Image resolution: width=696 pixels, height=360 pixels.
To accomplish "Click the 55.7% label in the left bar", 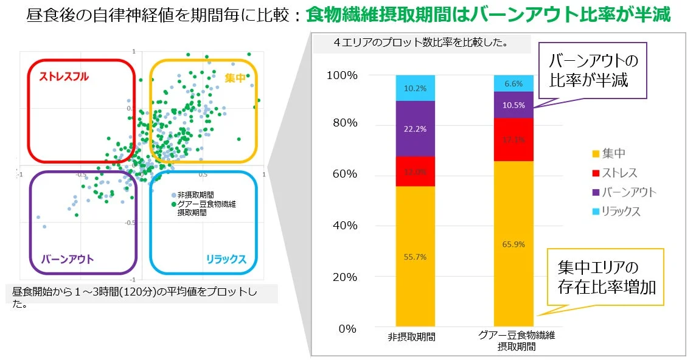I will pos(415,257).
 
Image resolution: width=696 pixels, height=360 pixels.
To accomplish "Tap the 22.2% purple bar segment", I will pos(415,129).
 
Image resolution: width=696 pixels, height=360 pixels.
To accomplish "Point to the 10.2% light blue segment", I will pos(415,88).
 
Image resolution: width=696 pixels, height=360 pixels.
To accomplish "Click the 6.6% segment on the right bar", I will pos(513,84).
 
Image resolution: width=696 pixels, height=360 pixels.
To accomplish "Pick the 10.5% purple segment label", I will pos(513,105).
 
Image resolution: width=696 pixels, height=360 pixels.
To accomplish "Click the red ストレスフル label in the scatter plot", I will pos(64,77).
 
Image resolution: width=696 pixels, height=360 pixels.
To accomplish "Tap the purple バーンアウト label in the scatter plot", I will pos(68,260).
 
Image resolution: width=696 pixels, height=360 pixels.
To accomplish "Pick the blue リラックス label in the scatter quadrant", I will pos(226,260).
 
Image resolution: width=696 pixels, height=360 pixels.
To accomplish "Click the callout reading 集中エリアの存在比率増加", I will pos(607,277).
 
